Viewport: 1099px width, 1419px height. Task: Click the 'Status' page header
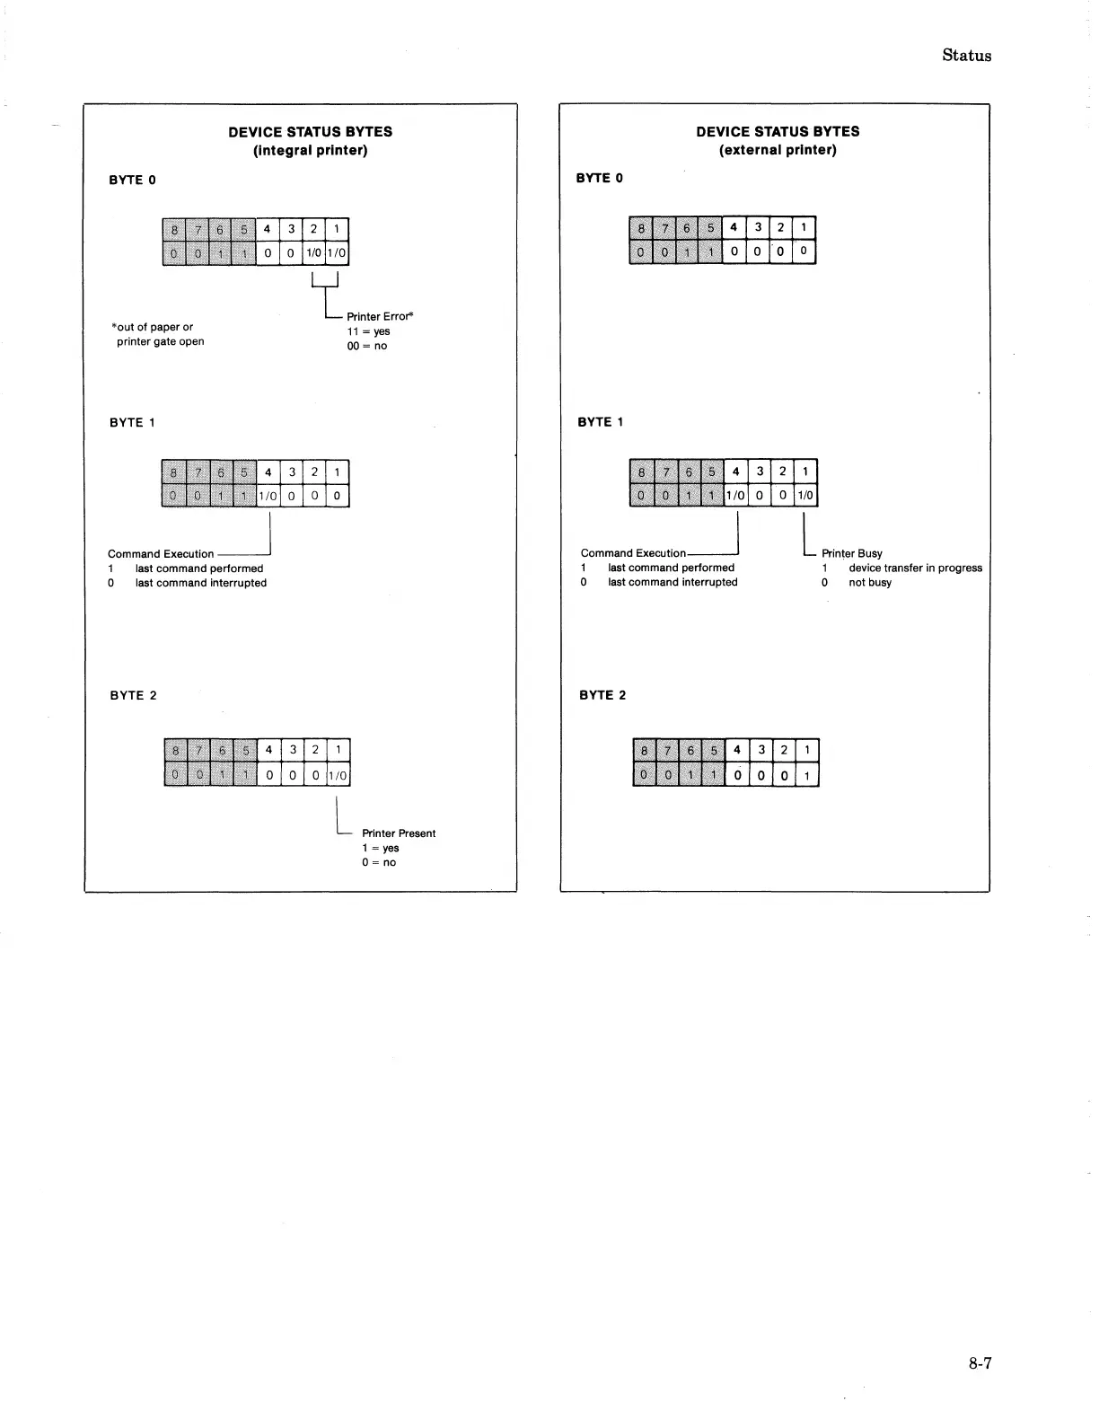pos(966,56)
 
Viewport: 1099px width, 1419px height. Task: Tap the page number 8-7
pos(980,1363)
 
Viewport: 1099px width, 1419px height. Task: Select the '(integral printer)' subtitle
pos(310,150)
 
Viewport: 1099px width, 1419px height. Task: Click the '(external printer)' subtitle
pos(778,150)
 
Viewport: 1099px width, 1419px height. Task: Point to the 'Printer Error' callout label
pos(380,316)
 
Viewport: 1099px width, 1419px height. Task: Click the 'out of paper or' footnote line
pos(153,327)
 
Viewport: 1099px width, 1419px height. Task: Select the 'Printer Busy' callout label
pos(851,553)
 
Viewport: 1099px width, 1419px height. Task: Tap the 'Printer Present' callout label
pos(399,833)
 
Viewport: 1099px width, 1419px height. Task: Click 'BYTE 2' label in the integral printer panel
pos(133,695)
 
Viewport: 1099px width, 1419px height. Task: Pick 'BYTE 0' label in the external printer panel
pos(599,178)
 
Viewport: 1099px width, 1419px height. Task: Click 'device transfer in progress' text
pos(915,568)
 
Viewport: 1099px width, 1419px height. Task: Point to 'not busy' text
pos(870,582)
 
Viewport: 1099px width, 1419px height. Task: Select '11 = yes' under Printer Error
pos(368,331)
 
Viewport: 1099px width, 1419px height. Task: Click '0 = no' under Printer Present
pos(378,862)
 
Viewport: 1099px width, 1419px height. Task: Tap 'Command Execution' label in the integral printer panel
pos(161,554)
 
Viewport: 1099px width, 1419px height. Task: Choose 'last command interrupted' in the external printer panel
pos(673,582)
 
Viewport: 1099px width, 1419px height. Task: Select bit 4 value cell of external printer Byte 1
pos(735,496)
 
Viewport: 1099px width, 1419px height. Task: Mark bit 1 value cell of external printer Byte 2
pos(807,776)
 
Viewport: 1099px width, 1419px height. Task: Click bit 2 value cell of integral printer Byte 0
pos(313,253)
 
